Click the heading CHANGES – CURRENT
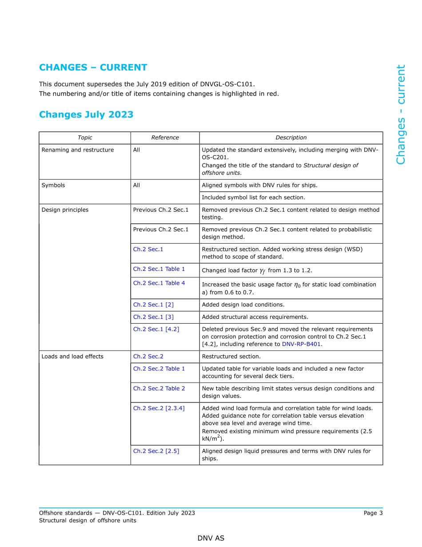pyautogui.click(x=93, y=68)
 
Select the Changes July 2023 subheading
pyautogui.click(x=86, y=115)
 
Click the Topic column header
pyautogui.click(x=85, y=138)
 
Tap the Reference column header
pyautogui.click(x=165, y=138)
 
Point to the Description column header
pyautogui.click(x=291, y=138)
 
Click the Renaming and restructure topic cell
pyautogui.click(x=78, y=150)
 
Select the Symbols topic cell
pyautogui.click(x=53, y=185)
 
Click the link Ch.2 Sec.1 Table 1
pyautogui.click(x=159, y=269)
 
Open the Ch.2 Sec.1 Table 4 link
pyautogui.click(x=159, y=283)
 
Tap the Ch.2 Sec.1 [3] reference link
pyautogui.click(x=153, y=317)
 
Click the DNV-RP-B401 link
pyautogui.click(x=301, y=344)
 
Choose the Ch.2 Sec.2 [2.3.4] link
pyautogui.click(x=159, y=408)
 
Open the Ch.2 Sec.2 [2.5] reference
pyautogui.click(x=156, y=451)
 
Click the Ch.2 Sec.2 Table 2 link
pyautogui.click(x=159, y=389)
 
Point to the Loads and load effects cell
pyautogui.click(x=72, y=357)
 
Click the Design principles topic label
pyautogui.click(x=65, y=210)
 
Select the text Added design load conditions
pyautogui.click(x=243, y=305)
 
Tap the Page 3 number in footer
pyautogui.click(x=373, y=513)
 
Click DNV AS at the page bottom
pyautogui.click(x=211, y=538)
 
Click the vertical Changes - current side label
pyautogui.click(x=401, y=115)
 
